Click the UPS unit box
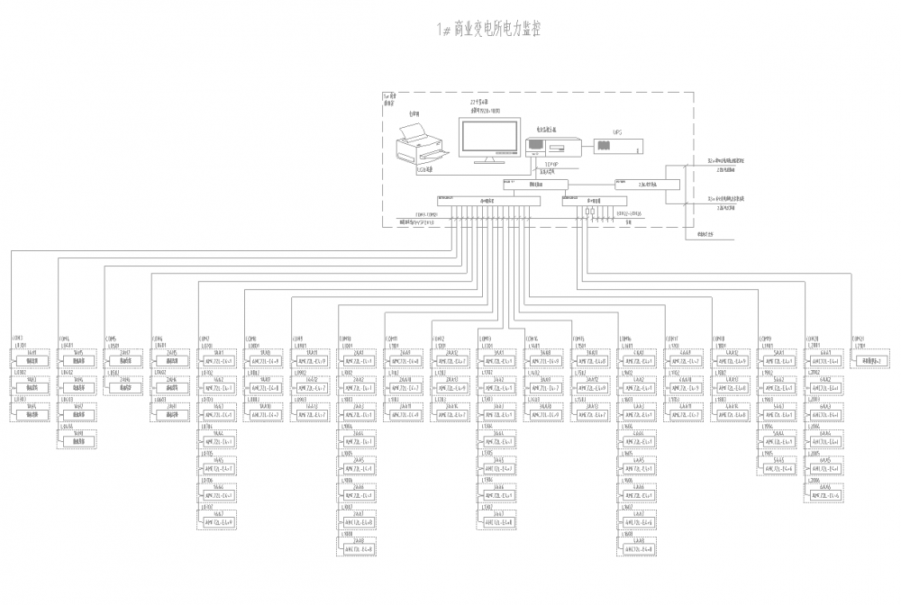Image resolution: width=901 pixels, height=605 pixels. [x=617, y=146]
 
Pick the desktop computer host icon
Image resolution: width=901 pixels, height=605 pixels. [x=546, y=144]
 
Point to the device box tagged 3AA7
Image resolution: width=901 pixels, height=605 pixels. [x=499, y=521]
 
